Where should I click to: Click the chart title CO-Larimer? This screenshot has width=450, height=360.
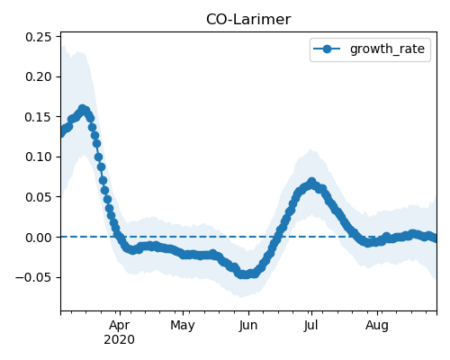248,20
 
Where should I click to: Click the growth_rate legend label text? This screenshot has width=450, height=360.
387,49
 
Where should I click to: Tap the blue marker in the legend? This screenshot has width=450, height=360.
327,49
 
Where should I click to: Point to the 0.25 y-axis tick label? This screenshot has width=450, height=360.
39,37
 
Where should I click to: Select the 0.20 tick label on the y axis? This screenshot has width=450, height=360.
39,76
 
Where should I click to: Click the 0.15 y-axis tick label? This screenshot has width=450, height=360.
39,117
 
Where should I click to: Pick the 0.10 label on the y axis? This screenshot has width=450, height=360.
39,157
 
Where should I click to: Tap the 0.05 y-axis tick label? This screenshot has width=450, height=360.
39,197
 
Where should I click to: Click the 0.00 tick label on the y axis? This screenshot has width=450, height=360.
39,238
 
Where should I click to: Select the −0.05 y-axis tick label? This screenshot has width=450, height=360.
33,277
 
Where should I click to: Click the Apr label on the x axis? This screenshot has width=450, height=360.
120,326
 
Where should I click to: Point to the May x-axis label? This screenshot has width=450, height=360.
183,326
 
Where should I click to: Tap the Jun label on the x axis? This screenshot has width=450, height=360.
248,326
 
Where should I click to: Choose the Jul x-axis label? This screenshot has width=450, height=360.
310,326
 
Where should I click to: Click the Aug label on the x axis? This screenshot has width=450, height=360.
377,326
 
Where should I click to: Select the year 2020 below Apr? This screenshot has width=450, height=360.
120,340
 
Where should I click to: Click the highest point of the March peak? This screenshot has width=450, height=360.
83,108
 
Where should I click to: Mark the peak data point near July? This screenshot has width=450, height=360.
312,182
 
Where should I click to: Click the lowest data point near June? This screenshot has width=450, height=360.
246,274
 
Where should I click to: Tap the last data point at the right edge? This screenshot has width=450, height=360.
435,238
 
